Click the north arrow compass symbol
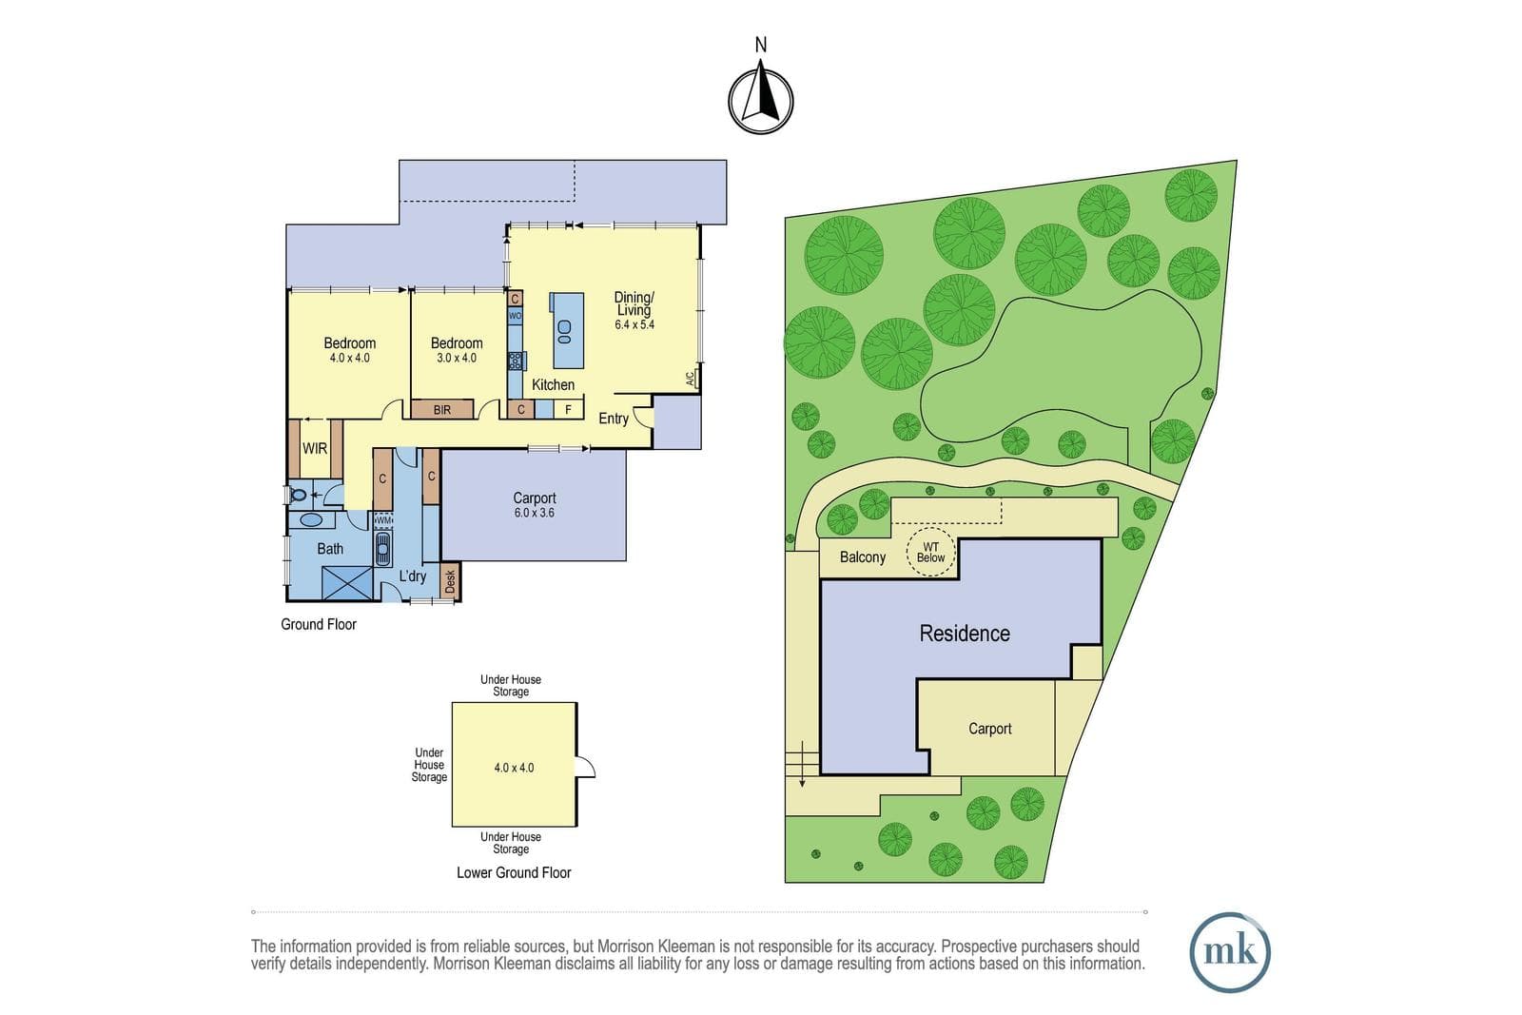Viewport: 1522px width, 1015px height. click(760, 100)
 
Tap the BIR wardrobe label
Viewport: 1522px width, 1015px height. click(441, 410)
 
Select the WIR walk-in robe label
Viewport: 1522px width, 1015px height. click(315, 448)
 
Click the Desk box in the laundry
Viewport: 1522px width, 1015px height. click(450, 580)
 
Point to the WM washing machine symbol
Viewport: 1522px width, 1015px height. click(384, 520)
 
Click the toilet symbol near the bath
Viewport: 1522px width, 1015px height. click(298, 496)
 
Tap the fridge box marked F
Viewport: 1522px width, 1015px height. click(568, 410)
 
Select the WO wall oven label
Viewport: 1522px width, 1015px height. click(515, 316)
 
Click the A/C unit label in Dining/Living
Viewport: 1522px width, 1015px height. click(691, 380)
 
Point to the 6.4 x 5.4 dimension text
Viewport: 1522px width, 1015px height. click(634, 324)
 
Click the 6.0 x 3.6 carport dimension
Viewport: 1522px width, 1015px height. click(534, 513)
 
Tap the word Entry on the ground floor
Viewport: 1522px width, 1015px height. click(613, 419)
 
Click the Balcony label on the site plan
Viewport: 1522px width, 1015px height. click(862, 557)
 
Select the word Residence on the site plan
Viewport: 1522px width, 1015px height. click(965, 634)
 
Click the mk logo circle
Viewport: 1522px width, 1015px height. click(1230, 952)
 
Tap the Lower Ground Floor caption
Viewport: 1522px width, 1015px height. click(514, 873)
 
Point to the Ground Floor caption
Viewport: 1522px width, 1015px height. click(319, 624)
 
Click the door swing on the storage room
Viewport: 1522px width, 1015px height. click(586, 767)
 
